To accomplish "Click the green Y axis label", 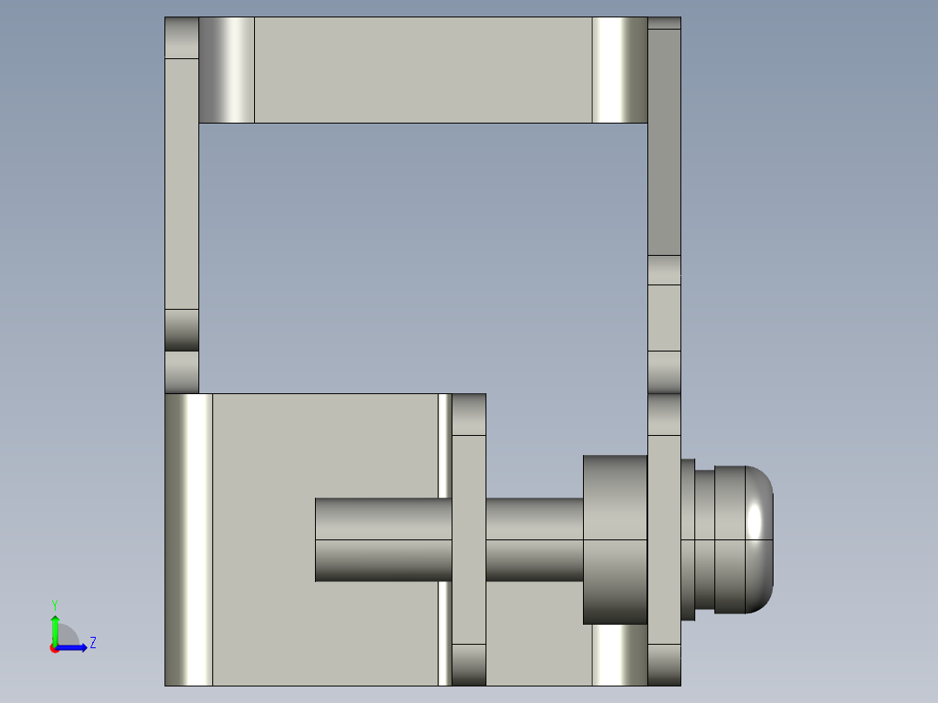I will (x=54, y=604).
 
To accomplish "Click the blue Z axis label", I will (x=92, y=643).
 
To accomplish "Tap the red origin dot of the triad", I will (x=54, y=648).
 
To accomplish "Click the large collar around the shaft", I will (x=614, y=539).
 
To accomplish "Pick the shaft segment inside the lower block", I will (x=383, y=539).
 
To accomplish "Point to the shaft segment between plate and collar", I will (x=533, y=539).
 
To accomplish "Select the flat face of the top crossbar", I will (x=423, y=70).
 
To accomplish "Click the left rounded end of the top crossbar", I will (x=226, y=70).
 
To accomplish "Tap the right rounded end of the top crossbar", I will (x=620, y=70).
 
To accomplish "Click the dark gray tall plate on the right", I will (x=665, y=142).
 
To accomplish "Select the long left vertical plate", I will (x=182, y=183).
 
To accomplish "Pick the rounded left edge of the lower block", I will (x=188, y=539).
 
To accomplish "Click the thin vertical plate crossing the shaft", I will (x=469, y=539).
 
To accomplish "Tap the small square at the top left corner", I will (x=182, y=37).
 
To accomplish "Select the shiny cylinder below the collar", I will (x=620, y=655).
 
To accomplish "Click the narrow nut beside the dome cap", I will (x=687, y=539).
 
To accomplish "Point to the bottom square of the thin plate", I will (x=469, y=664).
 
